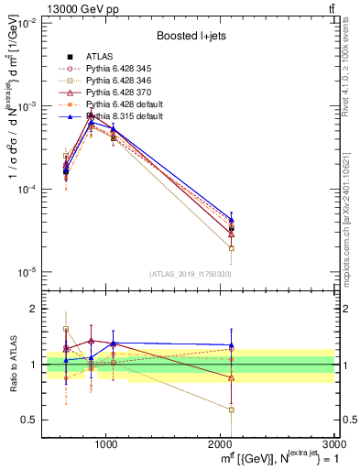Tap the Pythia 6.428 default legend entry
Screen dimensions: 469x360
[x=120, y=104]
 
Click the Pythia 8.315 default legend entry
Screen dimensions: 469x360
[x=120, y=116]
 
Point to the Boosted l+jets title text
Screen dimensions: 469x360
[x=192, y=36]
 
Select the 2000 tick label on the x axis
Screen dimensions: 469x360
[x=220, y=442]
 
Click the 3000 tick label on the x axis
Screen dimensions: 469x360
[x=333, y=442]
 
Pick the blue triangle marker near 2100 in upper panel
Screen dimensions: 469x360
[x=231, y=220]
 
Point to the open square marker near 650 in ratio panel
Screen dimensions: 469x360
[x=66, y=328]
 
